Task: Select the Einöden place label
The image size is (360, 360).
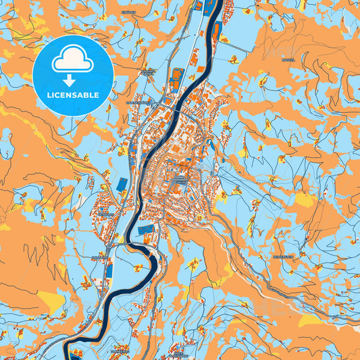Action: point(128,11)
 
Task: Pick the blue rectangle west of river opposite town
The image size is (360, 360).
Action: point(122,184)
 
